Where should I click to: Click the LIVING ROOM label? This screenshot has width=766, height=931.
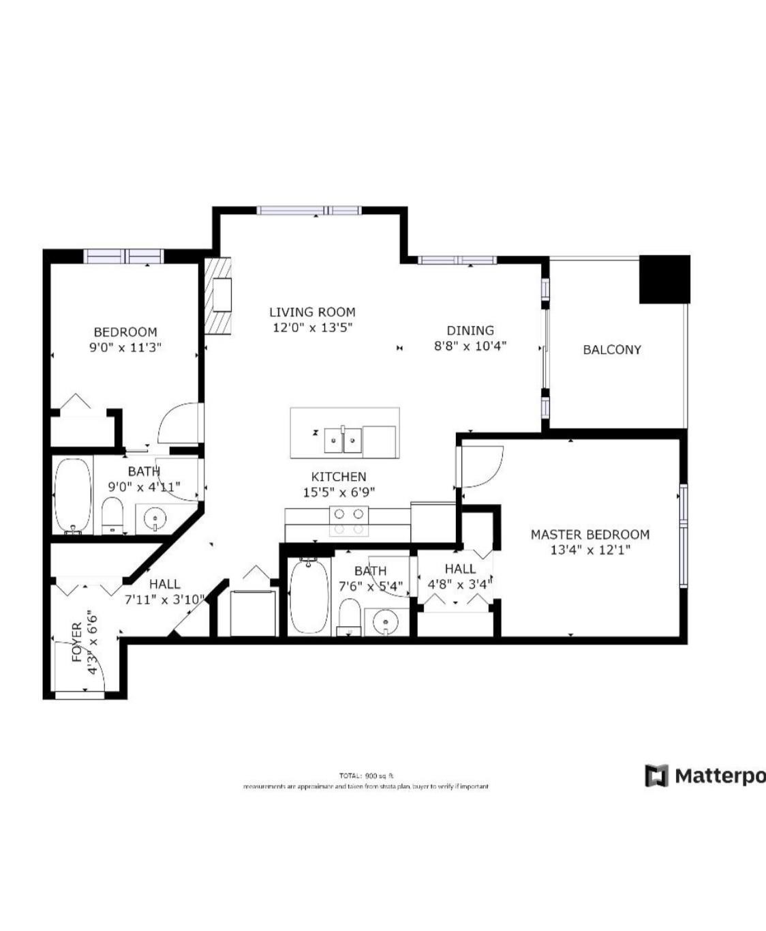click(x=312, y=312)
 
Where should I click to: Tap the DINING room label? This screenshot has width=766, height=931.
click(x=470, y=331)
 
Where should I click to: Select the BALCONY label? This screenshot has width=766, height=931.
click(x=611, y=350)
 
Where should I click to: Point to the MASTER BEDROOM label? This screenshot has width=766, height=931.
click(x=589, y=535)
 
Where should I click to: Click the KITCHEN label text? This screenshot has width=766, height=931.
click(x=339, y=477)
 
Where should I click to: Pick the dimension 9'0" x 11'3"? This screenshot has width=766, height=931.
click(x=125, y=347)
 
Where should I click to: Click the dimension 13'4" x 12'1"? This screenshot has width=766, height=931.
click(x=589, y=550)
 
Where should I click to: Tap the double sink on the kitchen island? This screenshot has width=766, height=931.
click(x=342, y=441)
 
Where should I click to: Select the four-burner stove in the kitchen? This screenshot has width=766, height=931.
click(x=348, y=522)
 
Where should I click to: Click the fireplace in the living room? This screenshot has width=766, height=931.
click(x=219, y=295)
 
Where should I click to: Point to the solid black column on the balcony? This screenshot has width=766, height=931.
click(x=664, y=279)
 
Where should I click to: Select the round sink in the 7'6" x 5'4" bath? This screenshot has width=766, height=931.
click(x=386, y=622)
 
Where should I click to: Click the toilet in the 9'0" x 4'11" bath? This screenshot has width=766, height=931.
click(x=112, y=516)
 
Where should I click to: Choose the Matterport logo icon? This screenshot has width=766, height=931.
click(x=656, y=775)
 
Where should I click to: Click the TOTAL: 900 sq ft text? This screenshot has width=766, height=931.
click(x=366, y=775)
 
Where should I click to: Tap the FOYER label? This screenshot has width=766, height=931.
click(x=77, y=642)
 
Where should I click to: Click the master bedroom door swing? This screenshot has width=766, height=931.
click(x=480, y=467)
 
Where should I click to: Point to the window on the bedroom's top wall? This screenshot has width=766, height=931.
click(x=124, y=256)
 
